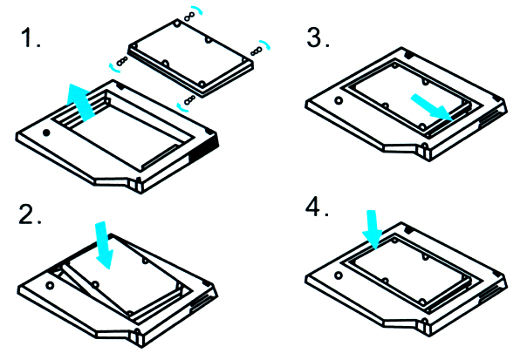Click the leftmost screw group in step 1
[120, 63]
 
